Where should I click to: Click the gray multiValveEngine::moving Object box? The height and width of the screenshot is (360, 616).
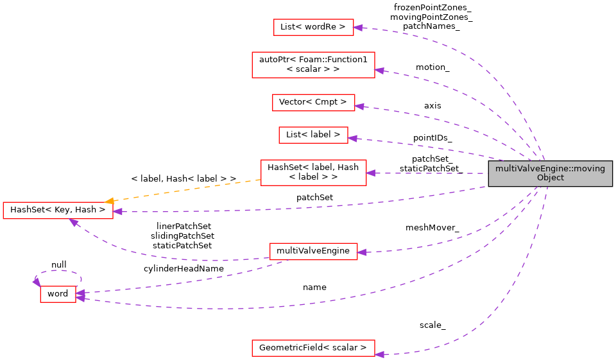coord(550,173)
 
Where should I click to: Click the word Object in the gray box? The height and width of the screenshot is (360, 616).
coord(551,178)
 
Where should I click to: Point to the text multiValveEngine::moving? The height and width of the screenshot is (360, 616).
coord(550,169)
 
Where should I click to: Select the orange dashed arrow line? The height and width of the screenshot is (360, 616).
coord(186,191)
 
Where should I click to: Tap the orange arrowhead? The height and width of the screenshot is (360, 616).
coord(110,201)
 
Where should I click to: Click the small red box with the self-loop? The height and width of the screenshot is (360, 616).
coord(58,294)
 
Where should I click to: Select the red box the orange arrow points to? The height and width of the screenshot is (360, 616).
coord(58,210)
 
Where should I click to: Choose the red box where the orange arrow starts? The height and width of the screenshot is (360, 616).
coord(313,173)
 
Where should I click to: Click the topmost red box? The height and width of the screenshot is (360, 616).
coord(313,27)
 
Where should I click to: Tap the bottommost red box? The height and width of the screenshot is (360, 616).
coord(313,348)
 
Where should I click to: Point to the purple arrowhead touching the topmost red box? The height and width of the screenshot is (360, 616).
coord(358,28)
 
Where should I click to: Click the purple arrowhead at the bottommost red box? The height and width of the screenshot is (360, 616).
coord(379,354)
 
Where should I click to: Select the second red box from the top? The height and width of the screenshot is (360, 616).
coord(313,65)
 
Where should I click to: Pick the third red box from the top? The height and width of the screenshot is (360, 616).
coord(313,103)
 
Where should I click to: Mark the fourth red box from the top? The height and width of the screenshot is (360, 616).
coord(313,135)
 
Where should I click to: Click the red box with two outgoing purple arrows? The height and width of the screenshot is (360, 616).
coord(313,252)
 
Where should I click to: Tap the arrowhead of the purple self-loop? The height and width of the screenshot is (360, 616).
coord(37,282)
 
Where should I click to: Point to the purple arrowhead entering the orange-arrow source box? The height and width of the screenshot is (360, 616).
coord(371,173)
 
